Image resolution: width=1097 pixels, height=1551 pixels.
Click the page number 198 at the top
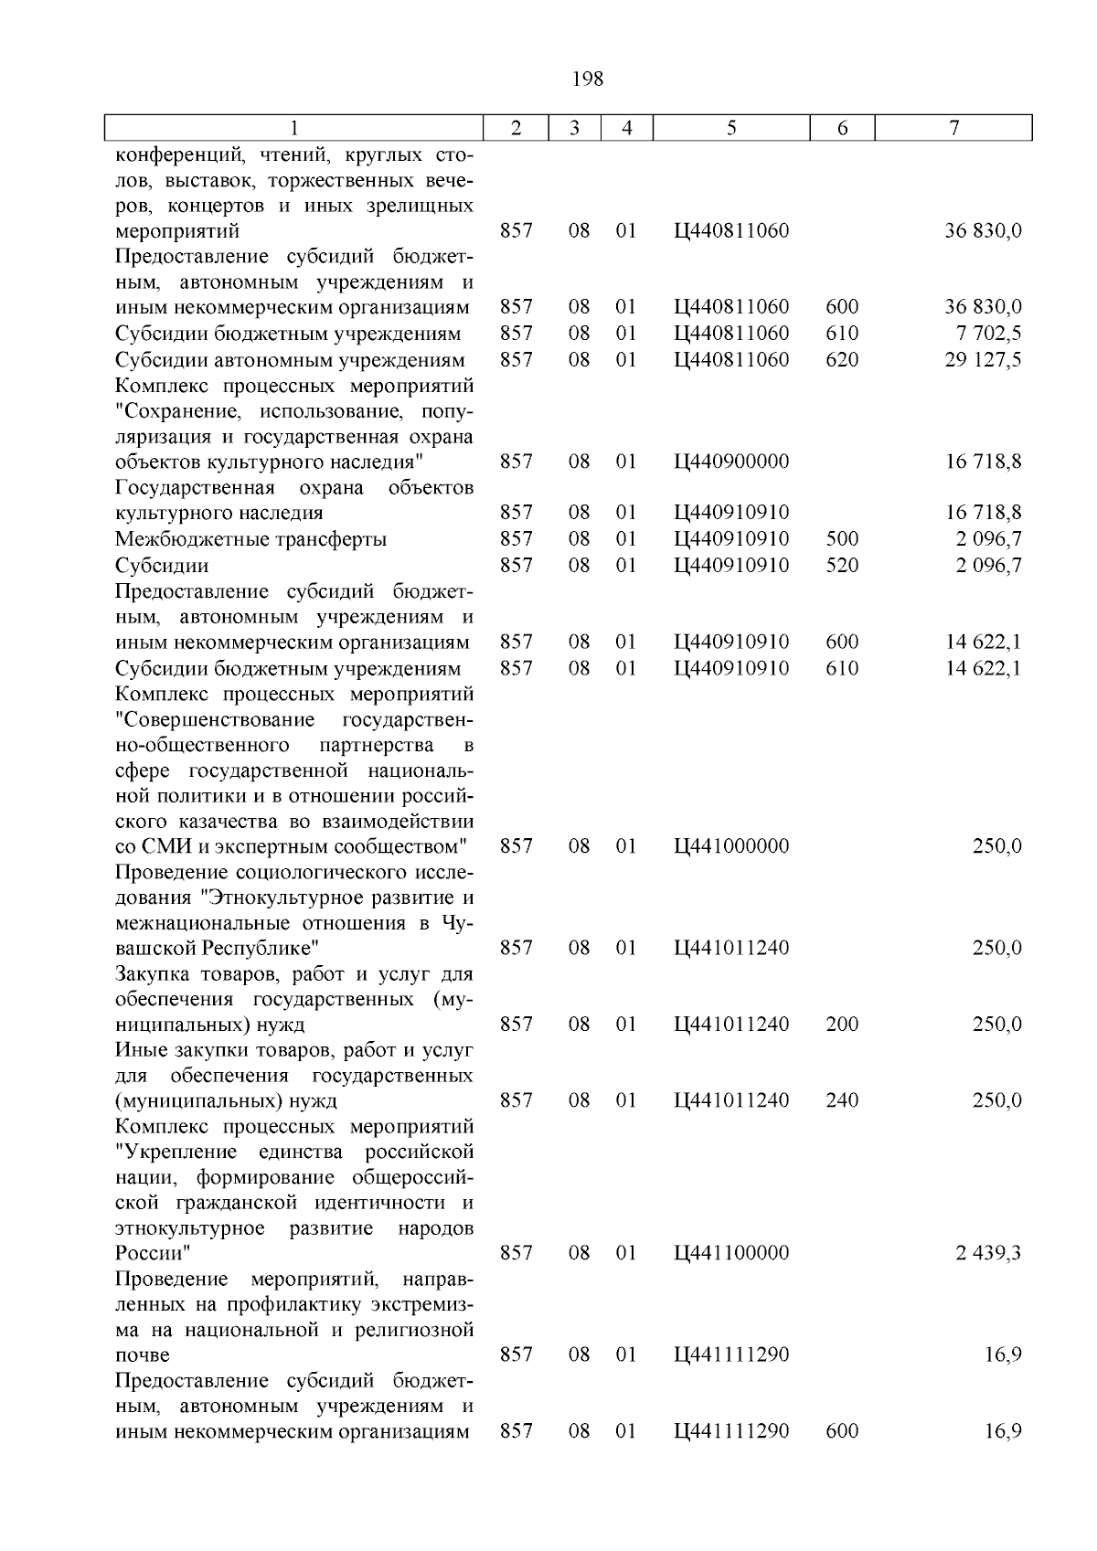587,80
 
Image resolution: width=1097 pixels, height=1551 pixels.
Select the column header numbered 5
731,129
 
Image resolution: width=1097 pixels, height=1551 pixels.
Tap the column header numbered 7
953,129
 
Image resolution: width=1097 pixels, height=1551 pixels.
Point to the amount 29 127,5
983,360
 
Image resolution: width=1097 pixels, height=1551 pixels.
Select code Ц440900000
730,462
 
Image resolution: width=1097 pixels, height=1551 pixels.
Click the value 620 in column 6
841,360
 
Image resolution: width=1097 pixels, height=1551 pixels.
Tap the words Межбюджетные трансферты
250,539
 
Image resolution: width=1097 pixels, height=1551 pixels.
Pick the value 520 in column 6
841,566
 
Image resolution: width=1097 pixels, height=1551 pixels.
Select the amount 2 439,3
988,1253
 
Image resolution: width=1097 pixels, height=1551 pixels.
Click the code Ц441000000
730,846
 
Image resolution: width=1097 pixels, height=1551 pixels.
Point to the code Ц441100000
730,1253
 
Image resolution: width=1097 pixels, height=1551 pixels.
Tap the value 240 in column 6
841,1100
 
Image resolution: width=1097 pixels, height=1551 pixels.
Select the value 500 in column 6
841,539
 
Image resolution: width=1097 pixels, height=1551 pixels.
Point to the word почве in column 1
142,1354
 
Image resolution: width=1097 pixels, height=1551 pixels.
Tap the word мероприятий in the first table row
176,231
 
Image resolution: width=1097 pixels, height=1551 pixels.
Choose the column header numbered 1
293,129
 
